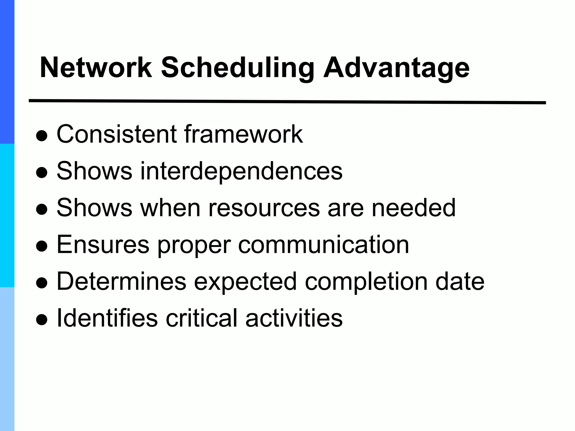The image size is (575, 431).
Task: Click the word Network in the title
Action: [96, 68]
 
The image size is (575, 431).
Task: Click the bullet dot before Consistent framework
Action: [42, 136]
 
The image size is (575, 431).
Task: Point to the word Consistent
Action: [117, 134]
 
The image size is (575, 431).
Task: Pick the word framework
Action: [243, 134]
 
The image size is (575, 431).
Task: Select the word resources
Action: [264, 208]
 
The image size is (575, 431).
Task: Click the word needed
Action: [414, 208]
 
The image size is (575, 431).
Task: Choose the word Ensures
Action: [103, 245]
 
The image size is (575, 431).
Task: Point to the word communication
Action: [323, 245]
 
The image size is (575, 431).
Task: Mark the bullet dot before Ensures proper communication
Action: [42, 247]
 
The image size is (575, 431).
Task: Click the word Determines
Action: [121, 281]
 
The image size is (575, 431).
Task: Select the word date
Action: [460, 281]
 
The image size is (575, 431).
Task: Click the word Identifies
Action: [107, 318]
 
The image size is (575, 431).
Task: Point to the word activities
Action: [294, 318]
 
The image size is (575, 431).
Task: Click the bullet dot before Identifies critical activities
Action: [42, 320]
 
